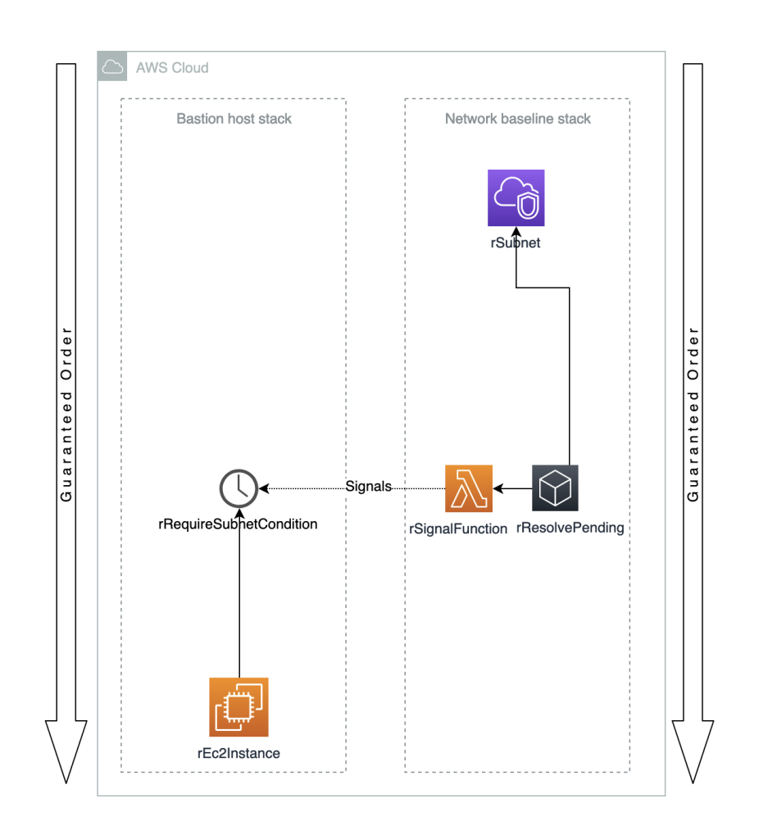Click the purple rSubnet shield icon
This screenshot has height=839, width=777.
[516, 197]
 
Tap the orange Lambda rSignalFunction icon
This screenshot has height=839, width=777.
[468, 488]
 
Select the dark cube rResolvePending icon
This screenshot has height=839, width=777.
[555, 488]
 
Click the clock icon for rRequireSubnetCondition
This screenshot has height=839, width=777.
[239, 488]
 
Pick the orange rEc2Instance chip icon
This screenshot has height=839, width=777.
[239, 707]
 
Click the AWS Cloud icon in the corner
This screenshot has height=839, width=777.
[112, 66]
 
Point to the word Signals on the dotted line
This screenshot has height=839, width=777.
[368, 487]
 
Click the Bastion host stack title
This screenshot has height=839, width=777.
[234, 119]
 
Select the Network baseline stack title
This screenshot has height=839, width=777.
[517, 119]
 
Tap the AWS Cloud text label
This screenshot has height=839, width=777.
[172, 67]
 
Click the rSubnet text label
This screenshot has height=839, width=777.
[516, 243]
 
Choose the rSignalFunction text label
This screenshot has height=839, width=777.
[458, 529]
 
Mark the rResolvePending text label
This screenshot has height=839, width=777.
[570, 528]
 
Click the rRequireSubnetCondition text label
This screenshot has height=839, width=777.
[238, 524]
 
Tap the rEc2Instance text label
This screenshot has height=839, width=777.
[239, 753]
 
